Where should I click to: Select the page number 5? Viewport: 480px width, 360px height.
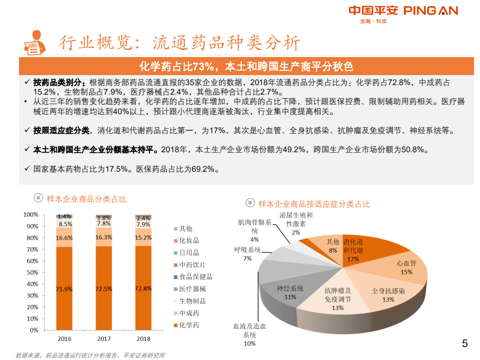coord(464,343)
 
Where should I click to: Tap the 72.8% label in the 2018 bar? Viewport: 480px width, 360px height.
coord(144,288)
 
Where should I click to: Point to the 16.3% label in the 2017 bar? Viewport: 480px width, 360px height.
coord(104,237)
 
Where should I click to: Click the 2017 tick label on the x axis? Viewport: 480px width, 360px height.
coord(104,338)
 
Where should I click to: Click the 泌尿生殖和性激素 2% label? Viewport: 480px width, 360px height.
coord(296,223)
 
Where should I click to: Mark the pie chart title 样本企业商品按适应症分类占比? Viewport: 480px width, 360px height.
coord(314,204)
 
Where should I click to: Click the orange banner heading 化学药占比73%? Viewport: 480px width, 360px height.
coord(246,67)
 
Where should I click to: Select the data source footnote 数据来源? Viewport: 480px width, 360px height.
coord(90,355)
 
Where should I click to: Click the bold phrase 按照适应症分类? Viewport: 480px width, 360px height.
coord(62,131)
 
